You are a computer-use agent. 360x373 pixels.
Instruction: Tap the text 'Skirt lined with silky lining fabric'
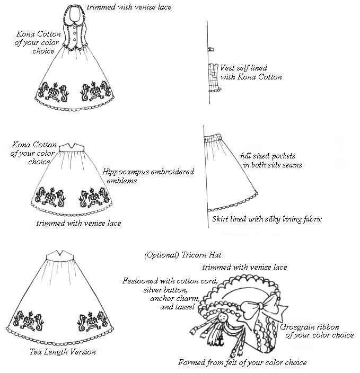(267, 219)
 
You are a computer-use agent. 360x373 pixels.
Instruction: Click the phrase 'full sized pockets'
(268, 156)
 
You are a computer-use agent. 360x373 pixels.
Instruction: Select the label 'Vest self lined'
(244, 68)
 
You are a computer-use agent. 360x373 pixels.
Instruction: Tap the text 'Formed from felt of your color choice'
(242, 363)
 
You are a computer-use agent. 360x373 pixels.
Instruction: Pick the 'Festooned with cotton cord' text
(170, 281)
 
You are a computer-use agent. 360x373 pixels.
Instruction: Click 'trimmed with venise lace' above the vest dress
(129, 7)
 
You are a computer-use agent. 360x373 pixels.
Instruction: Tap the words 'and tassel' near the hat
(178, 307)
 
